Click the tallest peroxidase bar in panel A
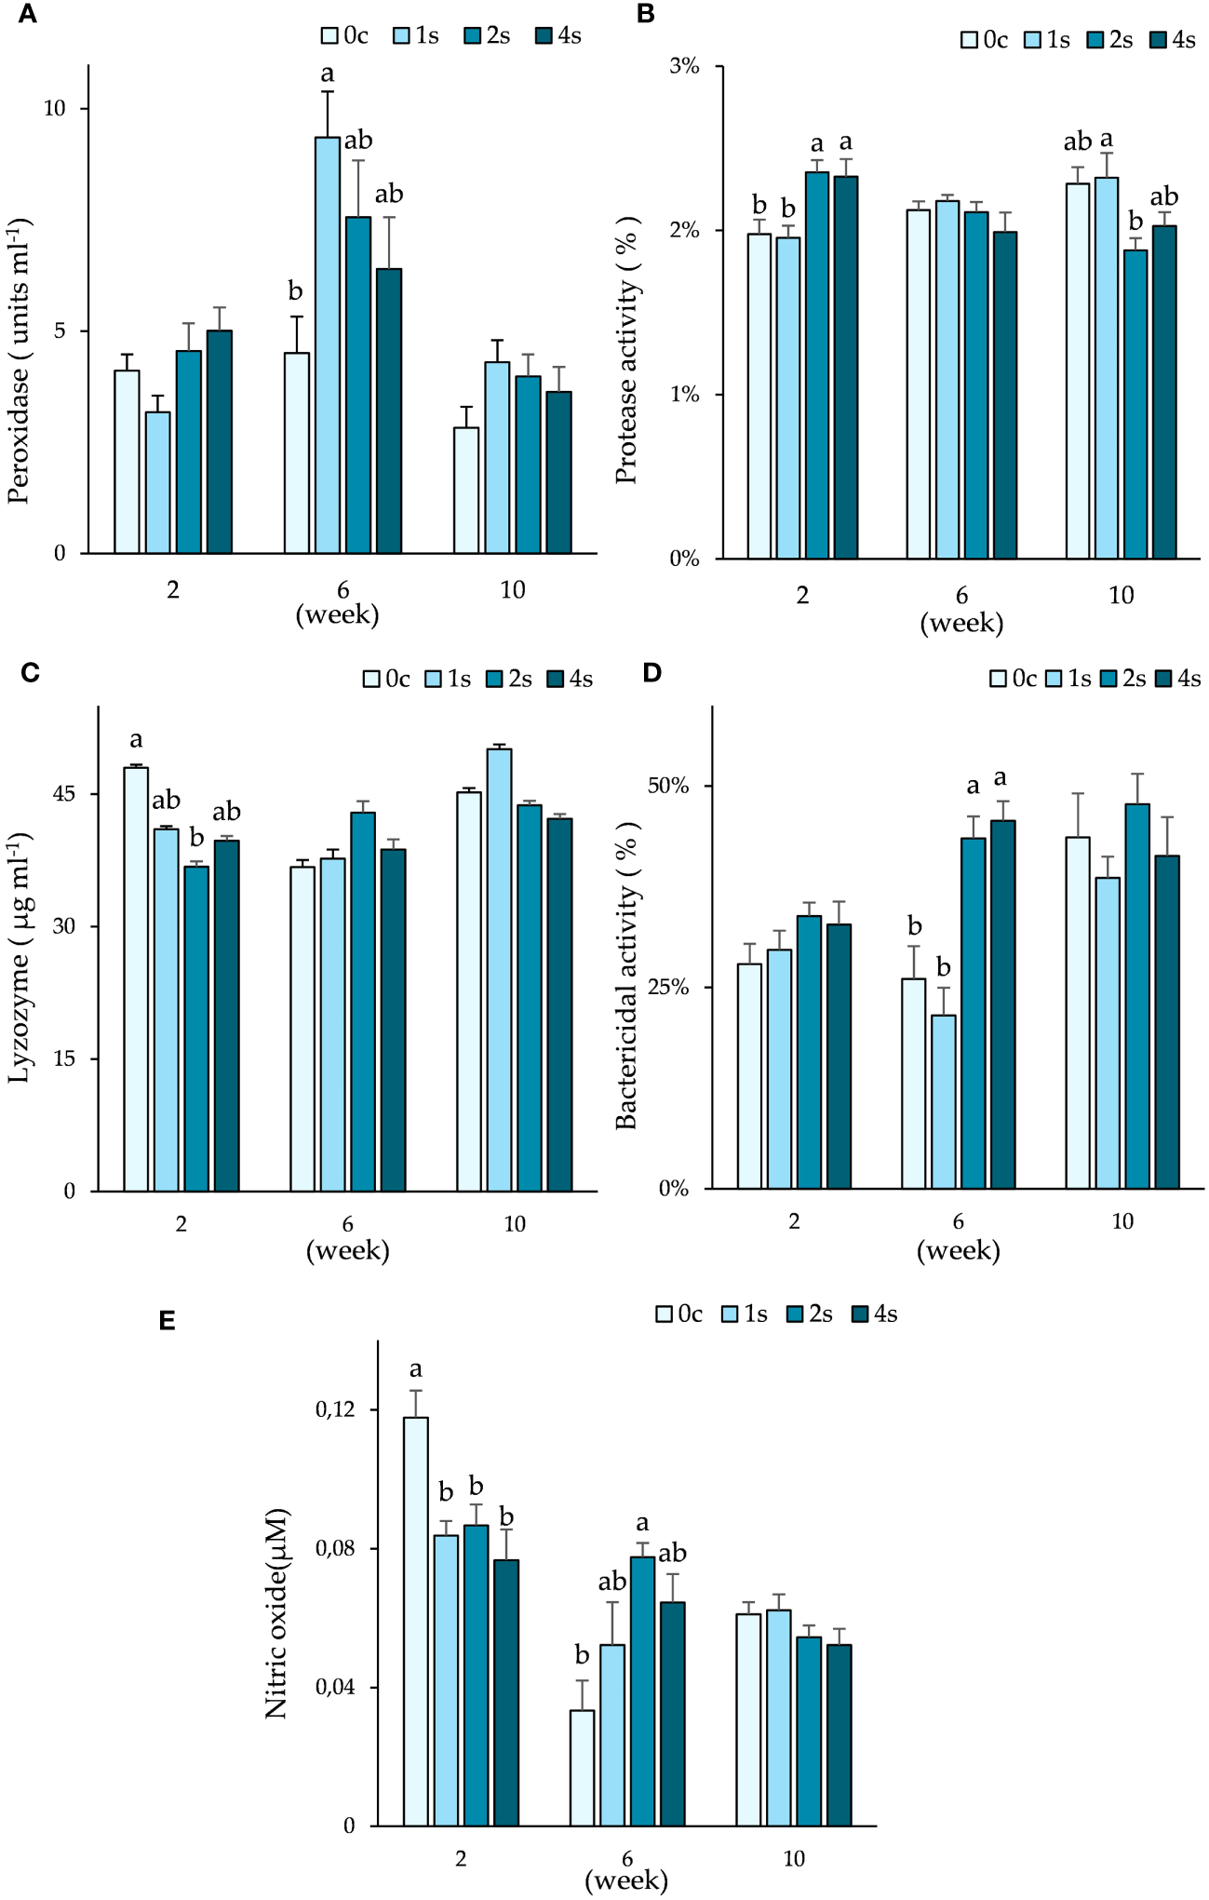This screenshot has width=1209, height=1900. [327, 344]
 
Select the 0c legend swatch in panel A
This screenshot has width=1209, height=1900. [330, 36]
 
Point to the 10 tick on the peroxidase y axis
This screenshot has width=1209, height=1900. [55, 108]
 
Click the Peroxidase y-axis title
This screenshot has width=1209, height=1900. [19, 361]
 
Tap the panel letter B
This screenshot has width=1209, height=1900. [646, 14]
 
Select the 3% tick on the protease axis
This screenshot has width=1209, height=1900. [684, 66]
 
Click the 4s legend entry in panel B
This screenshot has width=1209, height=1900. [1173, 40]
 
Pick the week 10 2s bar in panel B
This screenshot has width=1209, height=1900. [1135, 404]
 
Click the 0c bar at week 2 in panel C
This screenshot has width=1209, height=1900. [136, 977]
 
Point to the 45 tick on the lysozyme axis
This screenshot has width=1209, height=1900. [63, 794]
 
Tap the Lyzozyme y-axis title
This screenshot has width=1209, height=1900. [19, 959]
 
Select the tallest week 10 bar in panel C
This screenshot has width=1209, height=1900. [499, 968]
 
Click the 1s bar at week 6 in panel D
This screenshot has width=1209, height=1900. [943, 1101]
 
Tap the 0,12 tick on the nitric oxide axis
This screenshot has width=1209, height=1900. [335, 1409]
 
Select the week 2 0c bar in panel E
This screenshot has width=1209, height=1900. [415, 1620]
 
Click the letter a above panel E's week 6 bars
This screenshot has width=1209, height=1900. [642, 1524]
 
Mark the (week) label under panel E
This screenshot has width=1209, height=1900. [626, 1880]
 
